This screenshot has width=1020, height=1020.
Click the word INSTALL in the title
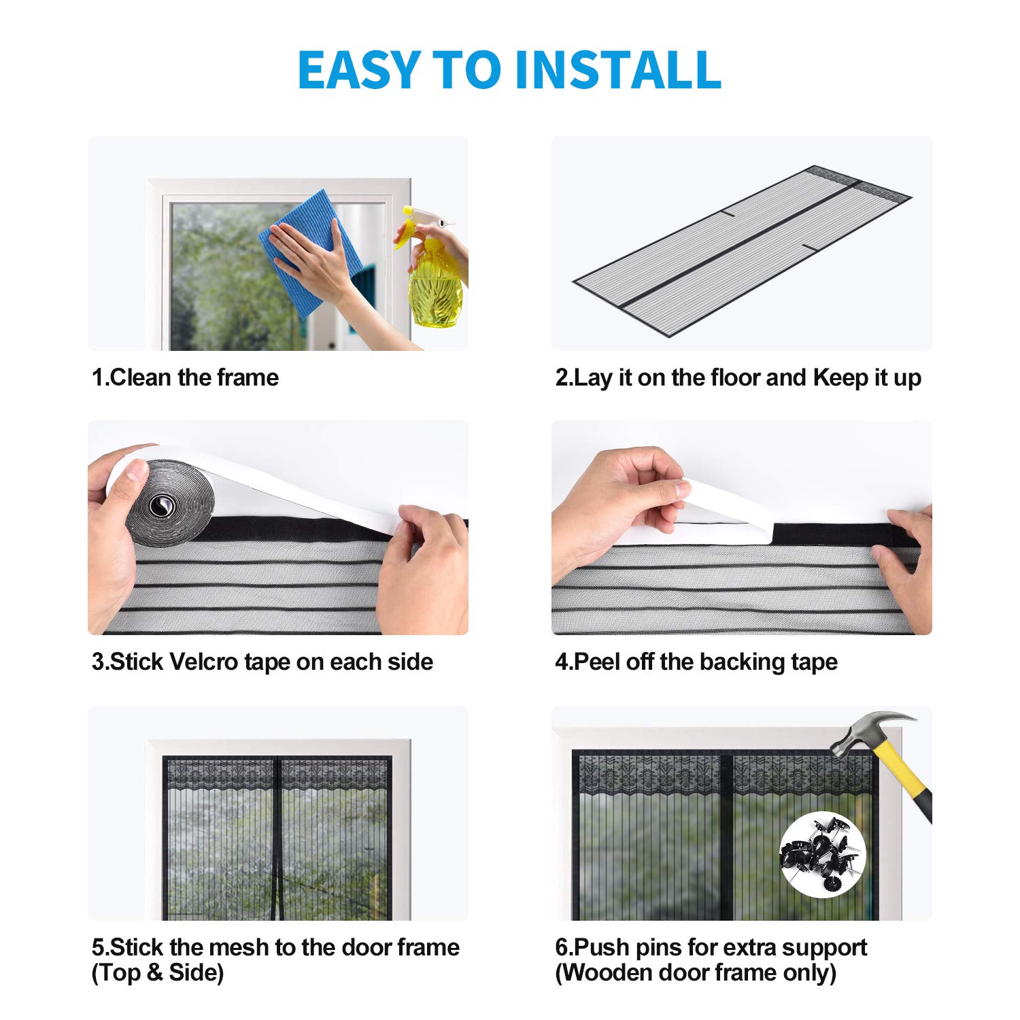click(x=617, y=70)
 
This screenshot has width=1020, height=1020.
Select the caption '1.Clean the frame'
click(x=185, y=377)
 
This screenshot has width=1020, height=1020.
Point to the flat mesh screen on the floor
click(x=741, y=252)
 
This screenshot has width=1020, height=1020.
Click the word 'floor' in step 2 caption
click(x=734, y=377)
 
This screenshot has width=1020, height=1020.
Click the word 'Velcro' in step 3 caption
click(x=203, y=662)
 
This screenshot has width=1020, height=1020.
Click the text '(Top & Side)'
click(x=158, y=973)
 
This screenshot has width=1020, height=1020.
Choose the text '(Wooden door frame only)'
click(x=696, y=973)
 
